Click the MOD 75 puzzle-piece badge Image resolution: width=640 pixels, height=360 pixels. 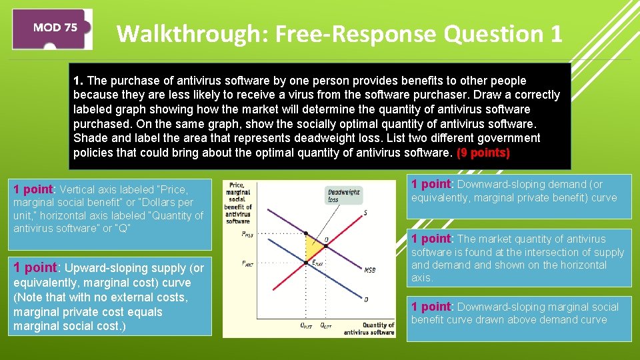(x=54, y=29)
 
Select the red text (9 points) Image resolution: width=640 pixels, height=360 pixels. (x=483, y=153)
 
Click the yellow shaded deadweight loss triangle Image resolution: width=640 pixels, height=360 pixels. (x=312, y=248)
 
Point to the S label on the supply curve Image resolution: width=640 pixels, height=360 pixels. (x=365, y=213)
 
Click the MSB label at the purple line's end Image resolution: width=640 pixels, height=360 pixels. (x=369, y=270)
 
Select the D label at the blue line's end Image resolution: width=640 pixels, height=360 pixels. (x=366, y=299)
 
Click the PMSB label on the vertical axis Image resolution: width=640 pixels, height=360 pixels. (x=247, y=234)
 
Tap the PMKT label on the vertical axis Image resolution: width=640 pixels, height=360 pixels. (x=247, y=263)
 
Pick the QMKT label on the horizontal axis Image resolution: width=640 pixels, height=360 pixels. (x=307, y=325)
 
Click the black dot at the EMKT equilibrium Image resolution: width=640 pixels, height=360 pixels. (x=307, y=262)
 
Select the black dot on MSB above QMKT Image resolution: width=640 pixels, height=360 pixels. (x=307, y=234)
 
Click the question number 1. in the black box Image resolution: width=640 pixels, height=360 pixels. (x=77, y=81)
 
